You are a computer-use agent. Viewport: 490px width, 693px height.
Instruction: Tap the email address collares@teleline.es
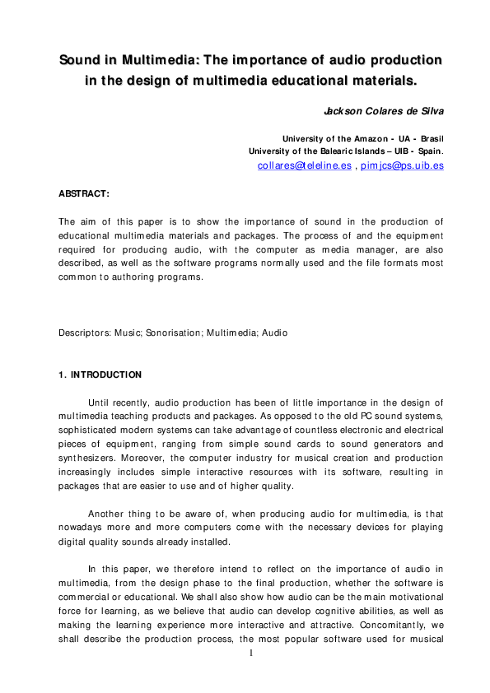coord(304,165)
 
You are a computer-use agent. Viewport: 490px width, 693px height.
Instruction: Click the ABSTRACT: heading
coord(83,193)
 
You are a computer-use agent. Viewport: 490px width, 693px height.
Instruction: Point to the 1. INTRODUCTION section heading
coord(100,374)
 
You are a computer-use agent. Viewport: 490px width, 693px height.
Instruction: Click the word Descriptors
coord(86,333)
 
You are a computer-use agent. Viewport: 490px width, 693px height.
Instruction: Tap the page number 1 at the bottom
coord(253,653)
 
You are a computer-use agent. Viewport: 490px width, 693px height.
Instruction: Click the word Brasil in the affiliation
coord(431,139)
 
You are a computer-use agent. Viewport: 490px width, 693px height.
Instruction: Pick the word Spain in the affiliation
coord(429,151)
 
